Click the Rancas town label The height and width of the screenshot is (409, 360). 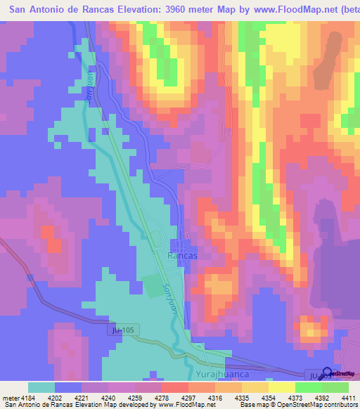(x=182, y=257)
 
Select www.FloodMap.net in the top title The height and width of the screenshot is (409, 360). (x=289, y=10)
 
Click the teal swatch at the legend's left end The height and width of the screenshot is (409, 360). (x=41, y=388)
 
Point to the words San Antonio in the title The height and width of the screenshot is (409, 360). (x=37, y=10)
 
